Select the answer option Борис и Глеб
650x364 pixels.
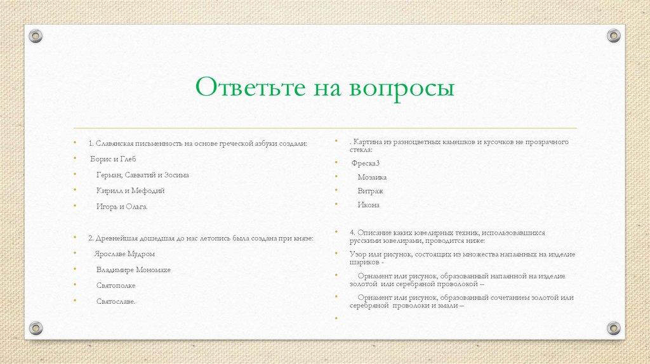pyautogui.click(x=114, y=159)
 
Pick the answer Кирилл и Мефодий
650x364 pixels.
pyautogui.click(x=131, y=190)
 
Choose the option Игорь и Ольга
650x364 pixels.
pyautogui.click(x=122, y=206)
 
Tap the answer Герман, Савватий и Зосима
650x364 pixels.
pyautogui.click(x=143, y=174)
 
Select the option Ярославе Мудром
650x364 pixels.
pyautogui.click(x=124, y=254)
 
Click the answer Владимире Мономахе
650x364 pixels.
pyautogui.click(x=133, y=270)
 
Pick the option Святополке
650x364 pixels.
pyautogui.click(x=117, y=285)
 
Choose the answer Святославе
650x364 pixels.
pyautogui.click(x=116, y=301)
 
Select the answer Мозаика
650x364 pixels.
pyautogui.click(x=372, y=178)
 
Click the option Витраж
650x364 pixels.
pyautogui.click(x=371, y=191)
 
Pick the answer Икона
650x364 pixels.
pyautogui.click(x=369, y=205)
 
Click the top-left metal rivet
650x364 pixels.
pyautogui.click(x=36, y=36)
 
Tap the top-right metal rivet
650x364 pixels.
pyautogui.click(x=613, y=36)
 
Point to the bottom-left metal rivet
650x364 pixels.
pyautogui.click(x=36, y=328)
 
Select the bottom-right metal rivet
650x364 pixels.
pyautogui.click(x=613, y=328)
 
